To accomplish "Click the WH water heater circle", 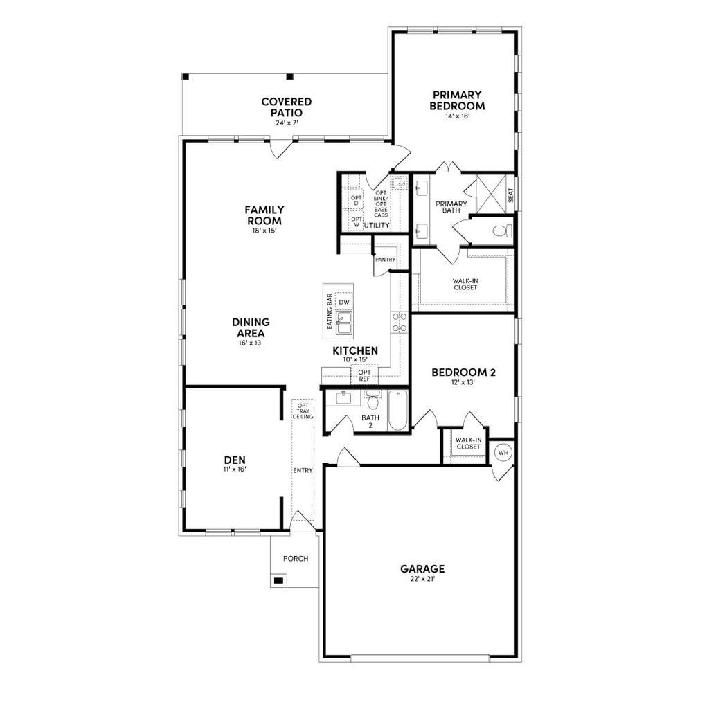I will (503, 452).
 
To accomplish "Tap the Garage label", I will (422, 569).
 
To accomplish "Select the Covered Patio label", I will (286, 107).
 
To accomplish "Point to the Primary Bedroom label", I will (457, 100).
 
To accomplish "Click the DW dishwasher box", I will (344, 303).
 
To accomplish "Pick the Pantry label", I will (385, 260).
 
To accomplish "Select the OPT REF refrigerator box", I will (364, 375).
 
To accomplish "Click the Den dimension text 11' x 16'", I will (235, 469).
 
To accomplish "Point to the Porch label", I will (296, 559).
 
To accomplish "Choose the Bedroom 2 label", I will (463, 373).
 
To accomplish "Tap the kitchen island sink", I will (344, 320).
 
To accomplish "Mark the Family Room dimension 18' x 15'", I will (264, 231).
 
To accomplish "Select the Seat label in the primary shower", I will (510, 196).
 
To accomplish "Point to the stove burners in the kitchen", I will (399, 322).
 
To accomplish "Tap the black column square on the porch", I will (278, 580).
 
